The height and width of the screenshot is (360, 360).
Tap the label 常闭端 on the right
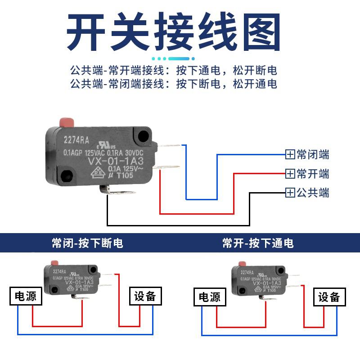[313, 155]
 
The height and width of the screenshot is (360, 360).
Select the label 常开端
[313, 174]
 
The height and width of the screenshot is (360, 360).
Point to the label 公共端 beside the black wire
[313, 193]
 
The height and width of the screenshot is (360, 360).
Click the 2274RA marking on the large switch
[77, 139]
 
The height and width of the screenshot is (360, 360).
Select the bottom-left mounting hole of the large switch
[67, 174]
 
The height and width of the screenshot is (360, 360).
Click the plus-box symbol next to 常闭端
[290, 155]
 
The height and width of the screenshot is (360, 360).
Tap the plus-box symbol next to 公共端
[290, 193]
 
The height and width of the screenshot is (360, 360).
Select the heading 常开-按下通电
[258, 243]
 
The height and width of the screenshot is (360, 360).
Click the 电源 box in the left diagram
[26, 296]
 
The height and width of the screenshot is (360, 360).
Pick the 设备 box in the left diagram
[144, 296]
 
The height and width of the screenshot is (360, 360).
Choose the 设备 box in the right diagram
[329, 297]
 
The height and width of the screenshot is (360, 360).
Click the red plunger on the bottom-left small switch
[55, 263]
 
